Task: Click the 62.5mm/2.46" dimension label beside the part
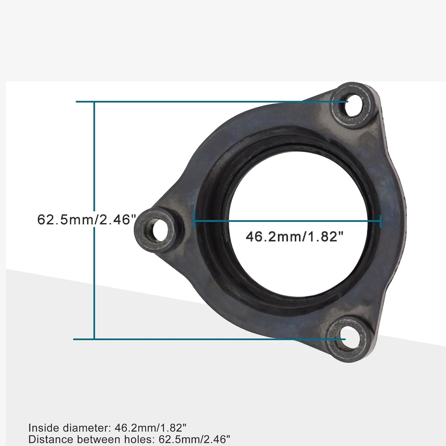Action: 87,220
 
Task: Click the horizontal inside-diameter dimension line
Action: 287,221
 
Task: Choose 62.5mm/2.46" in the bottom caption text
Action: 194,439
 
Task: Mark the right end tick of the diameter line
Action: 381,221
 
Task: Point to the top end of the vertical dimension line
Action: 94,102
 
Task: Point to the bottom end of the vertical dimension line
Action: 94,339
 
